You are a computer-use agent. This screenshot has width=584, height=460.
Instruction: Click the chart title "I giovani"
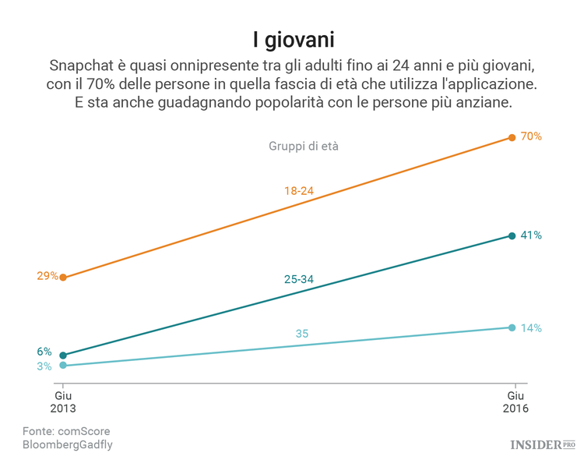pyautogui.click(x=292, y=38)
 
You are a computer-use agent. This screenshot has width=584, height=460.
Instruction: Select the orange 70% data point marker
pyautogui.click(x=512, y=138)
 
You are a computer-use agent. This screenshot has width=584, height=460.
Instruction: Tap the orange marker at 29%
pyautogui.click(x=63, y=277)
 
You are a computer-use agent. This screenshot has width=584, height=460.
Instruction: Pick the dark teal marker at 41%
pyautogui.click(x=512, y=235)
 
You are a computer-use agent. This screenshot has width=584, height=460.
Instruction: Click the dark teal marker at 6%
pyautogui.click(x=63, y=355)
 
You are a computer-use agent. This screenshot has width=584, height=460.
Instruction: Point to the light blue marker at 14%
pyautogui.click(x=512, y=327)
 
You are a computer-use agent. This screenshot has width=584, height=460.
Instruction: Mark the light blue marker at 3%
pyautogui.click(x=63, y=365)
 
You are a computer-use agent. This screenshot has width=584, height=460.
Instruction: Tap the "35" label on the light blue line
pyautogui.click(x=302, y=334)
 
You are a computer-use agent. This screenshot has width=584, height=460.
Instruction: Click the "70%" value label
pyautogui.click(x=531, y=136)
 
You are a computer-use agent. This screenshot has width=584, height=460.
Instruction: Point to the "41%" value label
pyautogui.click(x=531, y=235)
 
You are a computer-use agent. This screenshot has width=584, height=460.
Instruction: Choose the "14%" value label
pyautogui.click(x=531, y=327)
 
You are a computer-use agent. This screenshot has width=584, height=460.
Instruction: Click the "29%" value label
pyautogui.click(x=47, y=275)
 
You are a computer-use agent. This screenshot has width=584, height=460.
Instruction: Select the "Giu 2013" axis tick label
pyautogui.click(x=63, y=402)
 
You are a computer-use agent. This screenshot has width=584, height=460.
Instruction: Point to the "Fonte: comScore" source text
pyautogui.click(x=66, y=431)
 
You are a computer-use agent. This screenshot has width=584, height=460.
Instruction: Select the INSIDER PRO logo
pyautogui.click(x=542, y=444)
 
